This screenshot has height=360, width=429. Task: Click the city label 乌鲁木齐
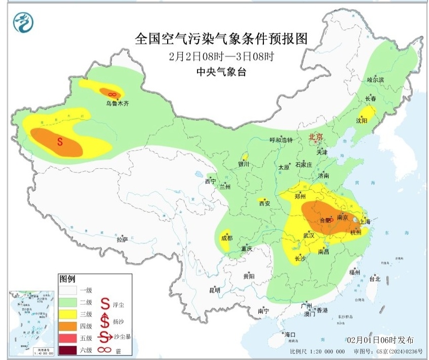pyautogui.click(x=118, y=103)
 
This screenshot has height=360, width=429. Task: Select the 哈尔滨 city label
pyautogui.click(x=375, y=80)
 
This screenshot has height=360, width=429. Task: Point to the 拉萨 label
pyautogui.click(x=122, y=239)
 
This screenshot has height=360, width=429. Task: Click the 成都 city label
pyautogui.click(x=226, y=238)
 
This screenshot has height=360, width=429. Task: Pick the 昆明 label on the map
pyautogui.click(x=215, y=291)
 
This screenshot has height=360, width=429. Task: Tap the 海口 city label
pyautogui.click(x=289, y=335)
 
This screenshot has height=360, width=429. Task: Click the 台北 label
pyautogui.click(x=374, y=279)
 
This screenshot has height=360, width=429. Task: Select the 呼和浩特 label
pyautogui.click(x=281, y=140)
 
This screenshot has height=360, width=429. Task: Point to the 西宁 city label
pyautogui.click(x=210, y=181)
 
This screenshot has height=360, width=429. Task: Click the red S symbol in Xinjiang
pyautogui.click(x=59, y=142)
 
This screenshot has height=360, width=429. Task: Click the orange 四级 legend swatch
pyautogui.click(x=68, y=326)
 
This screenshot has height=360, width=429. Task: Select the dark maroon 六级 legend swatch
pyautogui.click(x=68, y=349)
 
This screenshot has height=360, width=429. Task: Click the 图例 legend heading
pyautogui.click(x=67, y=279)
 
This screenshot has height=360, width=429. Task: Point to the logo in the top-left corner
pyautogui.click(x=21, y=23)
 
